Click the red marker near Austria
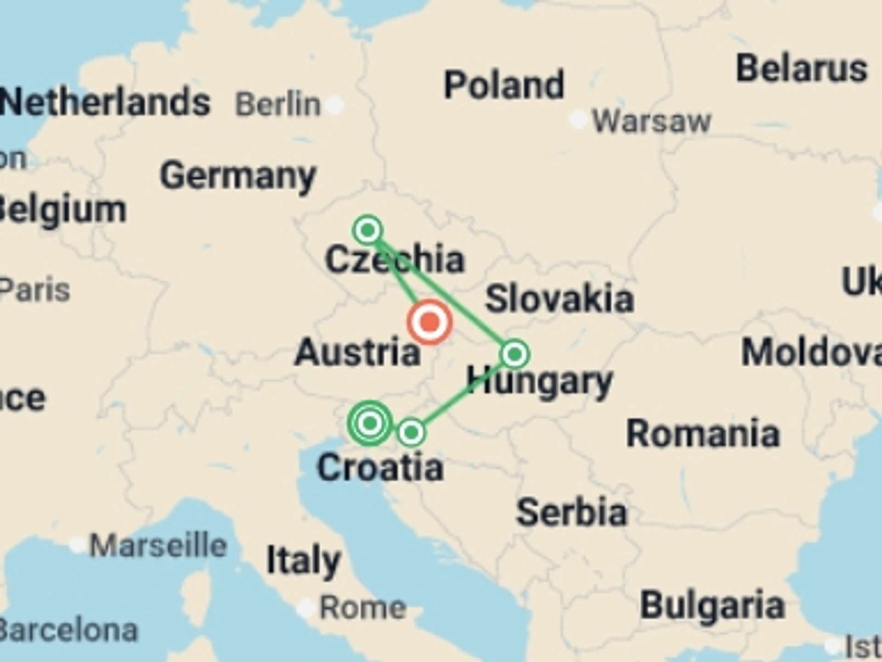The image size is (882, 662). [430, 322]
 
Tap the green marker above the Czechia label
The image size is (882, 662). [367, 229]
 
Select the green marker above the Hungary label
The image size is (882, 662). [514, 354]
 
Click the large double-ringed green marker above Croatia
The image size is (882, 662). [370, 422]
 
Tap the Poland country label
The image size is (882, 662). [504, 85]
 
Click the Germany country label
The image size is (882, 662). [238, 176]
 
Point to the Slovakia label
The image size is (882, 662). [560, 299]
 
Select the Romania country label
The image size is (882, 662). [703, 434]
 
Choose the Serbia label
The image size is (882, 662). [571, 512]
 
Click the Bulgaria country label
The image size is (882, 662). [712, 605]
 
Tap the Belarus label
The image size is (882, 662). [802, 69]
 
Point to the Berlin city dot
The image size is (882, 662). [334, 105]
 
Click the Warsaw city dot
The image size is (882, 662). [578, 120]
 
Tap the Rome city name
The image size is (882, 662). [362, 608]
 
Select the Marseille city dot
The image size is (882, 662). [77, 545]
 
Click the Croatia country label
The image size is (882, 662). [380, 468]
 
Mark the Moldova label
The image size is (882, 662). [811, 353]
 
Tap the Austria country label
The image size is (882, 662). [357, 353]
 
